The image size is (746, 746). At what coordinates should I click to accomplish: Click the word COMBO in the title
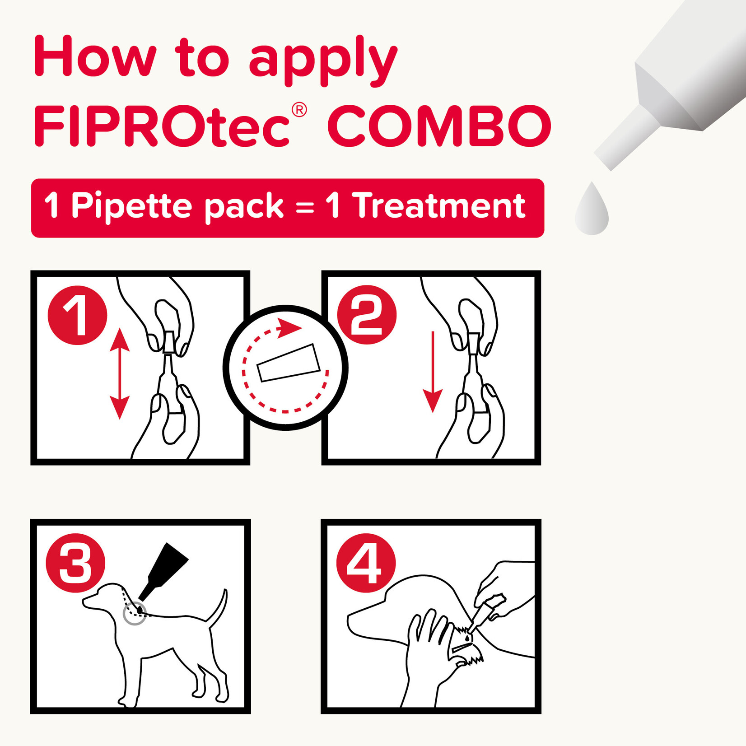click(x=439, y=126)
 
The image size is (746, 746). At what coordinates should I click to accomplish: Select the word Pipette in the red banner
click(x=131, y=207)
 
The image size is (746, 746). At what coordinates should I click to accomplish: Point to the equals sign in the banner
click(x=305, y=208)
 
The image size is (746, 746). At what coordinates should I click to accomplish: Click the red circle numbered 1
click(x=77, y=315)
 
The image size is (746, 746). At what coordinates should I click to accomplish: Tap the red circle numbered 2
click(x=367, y=315)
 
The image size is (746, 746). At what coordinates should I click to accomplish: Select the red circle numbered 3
click(x=75, y=563)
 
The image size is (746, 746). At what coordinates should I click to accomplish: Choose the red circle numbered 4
click(x=366, y=563)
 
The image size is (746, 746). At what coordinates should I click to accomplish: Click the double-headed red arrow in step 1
click(x=120, y=374)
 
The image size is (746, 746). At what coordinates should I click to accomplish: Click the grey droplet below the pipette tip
click(x=592, y=210)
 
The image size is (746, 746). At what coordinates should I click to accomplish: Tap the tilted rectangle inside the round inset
click(x=289, y=363)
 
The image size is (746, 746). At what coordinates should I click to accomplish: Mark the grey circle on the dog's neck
click(x=135, y=613)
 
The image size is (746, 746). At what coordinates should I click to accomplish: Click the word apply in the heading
click(x=323, y=60)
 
